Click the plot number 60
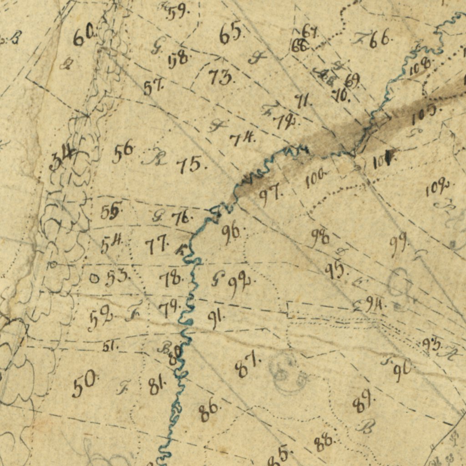pos(84,36)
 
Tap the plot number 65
pos(230,34)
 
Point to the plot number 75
pos(190,165)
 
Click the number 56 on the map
pos(123,152)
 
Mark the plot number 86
pos(209,412)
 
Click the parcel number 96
pos(231,233)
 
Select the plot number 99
pos(399,246)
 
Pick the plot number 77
pos(157,246)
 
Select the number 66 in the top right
pos(379,40)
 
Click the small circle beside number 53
pos(94,278)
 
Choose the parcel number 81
pos(157,386)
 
